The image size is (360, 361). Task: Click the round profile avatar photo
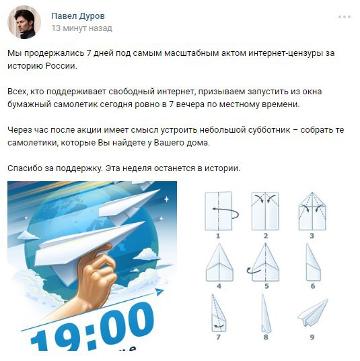click(24, 22)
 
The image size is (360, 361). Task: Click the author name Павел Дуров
click(78, 16)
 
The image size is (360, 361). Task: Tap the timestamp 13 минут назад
click(82, 28)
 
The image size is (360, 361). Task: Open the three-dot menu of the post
click(345, 17)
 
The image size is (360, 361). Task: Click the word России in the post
click(61, 66)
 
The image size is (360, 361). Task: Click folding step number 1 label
click(218, 236)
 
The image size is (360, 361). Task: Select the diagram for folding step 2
click(265, 211)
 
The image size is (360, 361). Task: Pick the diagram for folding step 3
click(312, 211)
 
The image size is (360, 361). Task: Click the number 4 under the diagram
click(219, 286)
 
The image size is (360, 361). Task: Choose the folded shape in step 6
click(313, 263)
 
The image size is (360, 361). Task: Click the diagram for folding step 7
click(219, 313)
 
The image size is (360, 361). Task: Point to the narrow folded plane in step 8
click(266, 313)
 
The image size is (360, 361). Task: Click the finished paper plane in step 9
click(313, 313)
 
